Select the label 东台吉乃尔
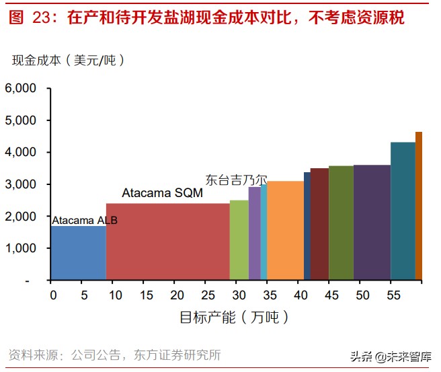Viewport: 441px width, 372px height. coord(236,180)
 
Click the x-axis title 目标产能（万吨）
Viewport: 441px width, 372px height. coord(233,316)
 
